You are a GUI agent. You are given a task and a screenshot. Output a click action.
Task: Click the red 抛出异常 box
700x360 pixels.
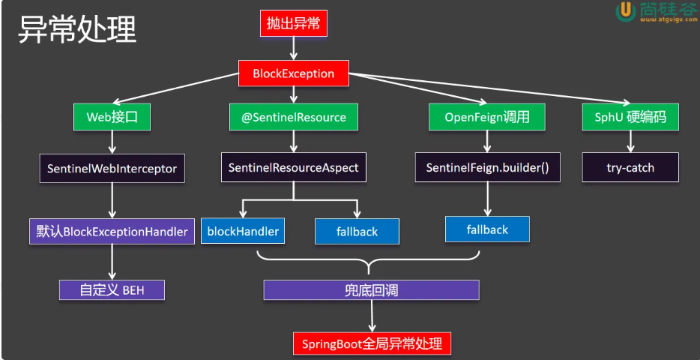tap(293, 23)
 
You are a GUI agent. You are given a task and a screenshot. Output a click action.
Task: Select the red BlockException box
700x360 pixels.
tap(294, 73)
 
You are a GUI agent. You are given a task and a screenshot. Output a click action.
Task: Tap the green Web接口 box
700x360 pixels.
tap(112, 117)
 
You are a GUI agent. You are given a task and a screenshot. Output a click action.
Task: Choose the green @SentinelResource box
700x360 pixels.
tap(293, 117)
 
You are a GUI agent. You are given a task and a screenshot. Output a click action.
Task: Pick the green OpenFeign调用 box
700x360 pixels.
tap(487, 117)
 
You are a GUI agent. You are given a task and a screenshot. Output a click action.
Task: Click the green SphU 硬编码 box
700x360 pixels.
tap(630, 117)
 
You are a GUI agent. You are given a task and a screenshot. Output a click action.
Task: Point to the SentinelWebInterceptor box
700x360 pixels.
tap(112, 168)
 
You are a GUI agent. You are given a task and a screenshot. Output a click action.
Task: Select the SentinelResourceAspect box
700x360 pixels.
tap(293, 167)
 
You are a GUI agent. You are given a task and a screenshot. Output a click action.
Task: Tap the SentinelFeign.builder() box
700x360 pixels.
tap(488, 167)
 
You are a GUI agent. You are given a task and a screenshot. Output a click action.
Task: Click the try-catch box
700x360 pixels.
tap(630, 167)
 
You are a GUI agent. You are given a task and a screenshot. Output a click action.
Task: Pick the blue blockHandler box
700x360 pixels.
tap(243, 231)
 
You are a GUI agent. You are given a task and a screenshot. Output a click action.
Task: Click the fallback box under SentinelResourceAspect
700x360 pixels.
tap(356, 232)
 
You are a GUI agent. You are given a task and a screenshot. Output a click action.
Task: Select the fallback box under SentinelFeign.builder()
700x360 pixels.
tap(487, 229)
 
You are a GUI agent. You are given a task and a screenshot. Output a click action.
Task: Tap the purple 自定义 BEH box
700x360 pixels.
tap(112, 289)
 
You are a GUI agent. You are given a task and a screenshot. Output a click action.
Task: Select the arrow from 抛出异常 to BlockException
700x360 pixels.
tap(294, 47)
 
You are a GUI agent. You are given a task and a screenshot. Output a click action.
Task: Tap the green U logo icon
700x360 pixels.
tap(624, 10)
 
